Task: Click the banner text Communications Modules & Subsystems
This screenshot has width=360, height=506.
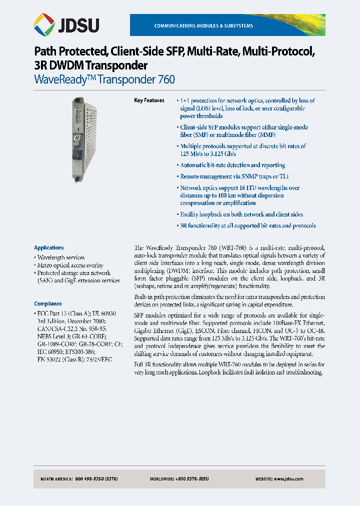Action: (203, 25)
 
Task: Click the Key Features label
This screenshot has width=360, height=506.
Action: (149, 100)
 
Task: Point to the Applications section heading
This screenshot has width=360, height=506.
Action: (49, 247)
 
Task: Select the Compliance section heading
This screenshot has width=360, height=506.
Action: (48, 303)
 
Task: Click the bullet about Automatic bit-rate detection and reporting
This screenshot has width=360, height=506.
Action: (232, 165)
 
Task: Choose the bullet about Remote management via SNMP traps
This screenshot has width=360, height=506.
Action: (234, 176)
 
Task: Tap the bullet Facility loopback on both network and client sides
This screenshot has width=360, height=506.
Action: (241, 214)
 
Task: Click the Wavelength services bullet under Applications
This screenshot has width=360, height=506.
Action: (61, 257)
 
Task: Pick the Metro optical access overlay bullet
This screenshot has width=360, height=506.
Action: (70, 265)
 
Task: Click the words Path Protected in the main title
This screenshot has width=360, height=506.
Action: (69, 51)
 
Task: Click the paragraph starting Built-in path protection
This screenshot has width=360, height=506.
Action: (229, 300)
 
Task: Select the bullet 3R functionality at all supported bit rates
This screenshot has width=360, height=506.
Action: (248, 226)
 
